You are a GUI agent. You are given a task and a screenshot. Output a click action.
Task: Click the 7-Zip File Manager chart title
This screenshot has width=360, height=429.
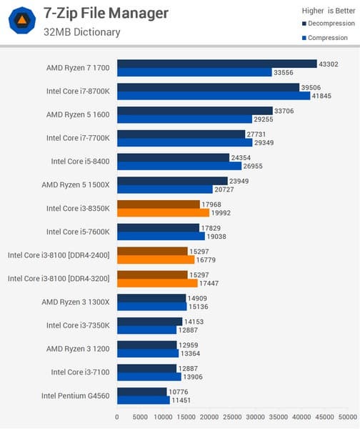pyautogui.click(x=106, y=13)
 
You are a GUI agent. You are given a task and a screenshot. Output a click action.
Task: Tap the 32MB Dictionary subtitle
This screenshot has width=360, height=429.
pyautogui.click(x=81, y=32)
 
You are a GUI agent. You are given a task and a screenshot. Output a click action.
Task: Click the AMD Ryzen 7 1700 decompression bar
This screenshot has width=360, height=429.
pyautogui.click(x=216, y=64)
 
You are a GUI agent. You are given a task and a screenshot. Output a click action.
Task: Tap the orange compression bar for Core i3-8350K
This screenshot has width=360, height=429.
pyautogui.click(x=163, y=212)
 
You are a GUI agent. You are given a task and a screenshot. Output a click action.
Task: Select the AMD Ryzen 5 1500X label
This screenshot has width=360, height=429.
pyautogui.click(x=78, y=184)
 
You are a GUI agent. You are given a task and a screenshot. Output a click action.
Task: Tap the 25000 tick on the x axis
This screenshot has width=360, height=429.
pyautogui.click(x=232, y=415)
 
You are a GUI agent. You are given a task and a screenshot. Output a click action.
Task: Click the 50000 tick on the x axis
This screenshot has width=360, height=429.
pyautogui.click(x=348, y=415)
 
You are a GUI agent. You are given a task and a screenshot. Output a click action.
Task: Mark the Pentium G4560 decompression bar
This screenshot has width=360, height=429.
pyautogui.click(x=141, y=391)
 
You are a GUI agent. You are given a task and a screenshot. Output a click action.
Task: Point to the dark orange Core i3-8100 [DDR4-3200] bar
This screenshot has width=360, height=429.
pyautogui.click(x=152, y=274)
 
